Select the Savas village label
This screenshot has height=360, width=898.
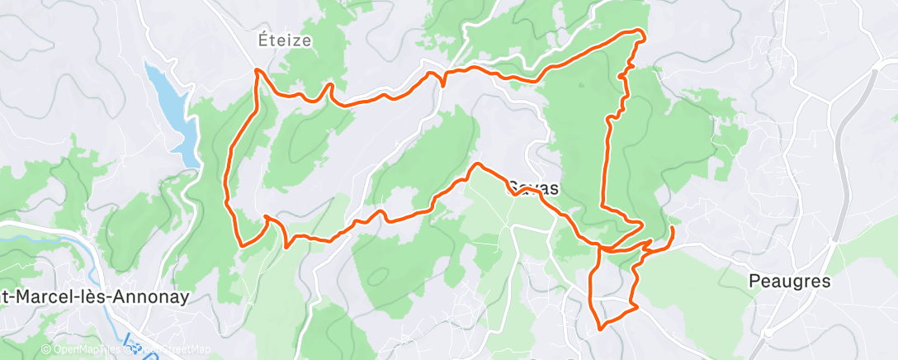click(532, 188)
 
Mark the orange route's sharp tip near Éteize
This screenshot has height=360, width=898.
click(258, 70)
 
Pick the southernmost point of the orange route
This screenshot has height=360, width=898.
click(600, 328)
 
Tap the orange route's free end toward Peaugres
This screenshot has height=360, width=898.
click(673, 227)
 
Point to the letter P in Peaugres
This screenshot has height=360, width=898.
click(754, 281)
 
